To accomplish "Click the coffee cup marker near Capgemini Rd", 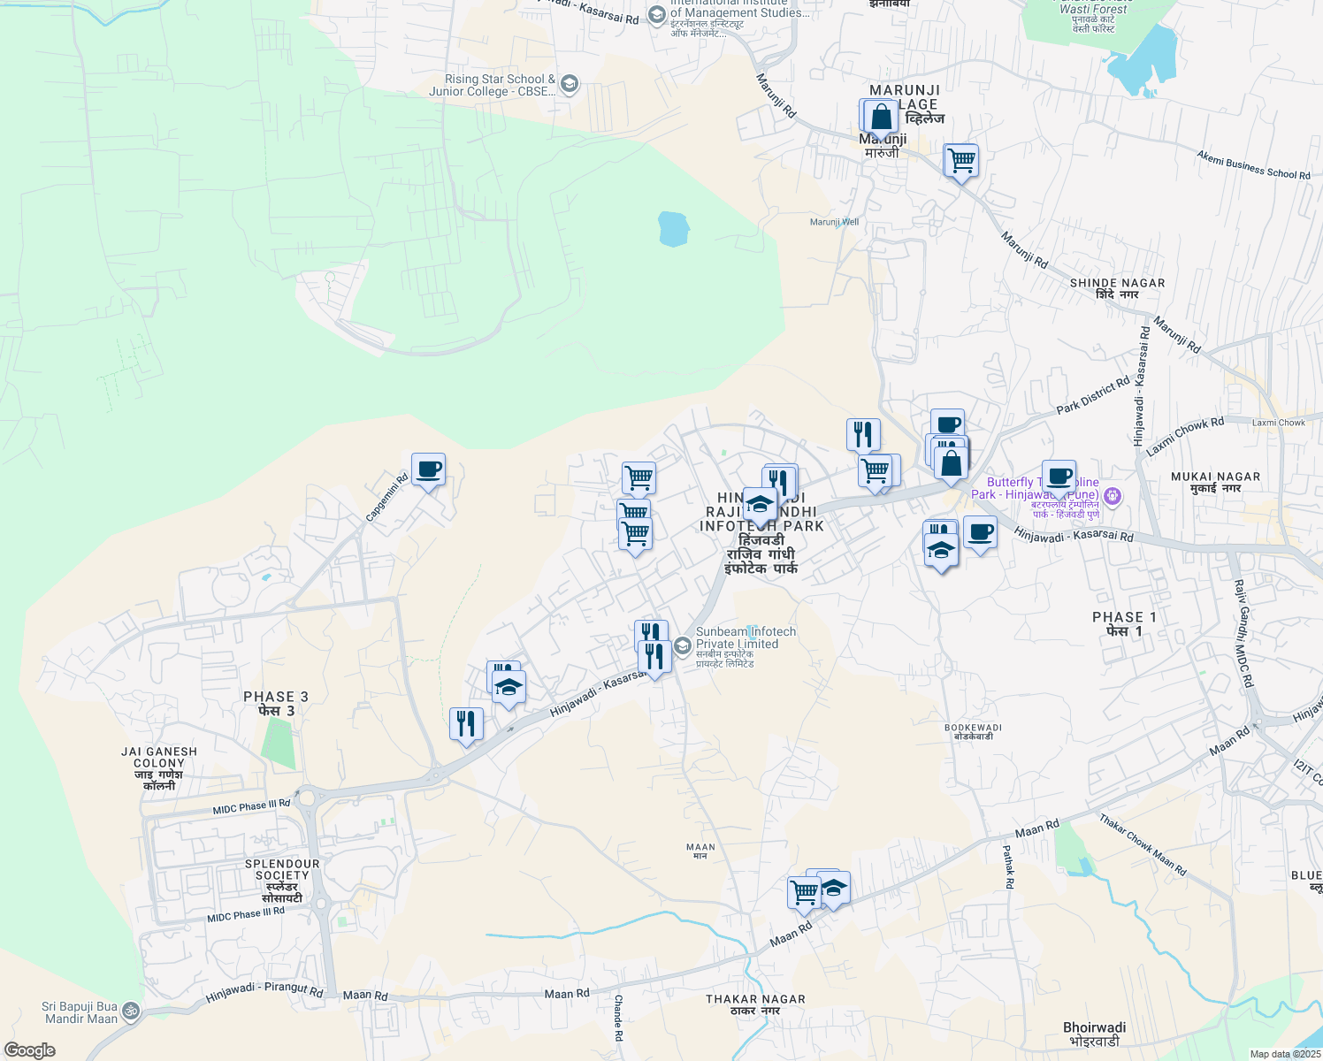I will click(x=428, y=469).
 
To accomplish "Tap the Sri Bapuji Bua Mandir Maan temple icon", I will click(x=130, y=1011).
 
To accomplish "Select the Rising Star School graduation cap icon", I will click(x=570, y=84).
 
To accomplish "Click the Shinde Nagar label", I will click(x=1117, y=288).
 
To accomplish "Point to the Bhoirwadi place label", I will click(x=1094, y=1034).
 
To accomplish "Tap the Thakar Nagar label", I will click(x=755, y=1004).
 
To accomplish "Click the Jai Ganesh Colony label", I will click(x=159, y=767).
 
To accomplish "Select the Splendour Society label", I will click(x=282, y=881).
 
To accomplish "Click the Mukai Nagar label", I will click(x=1215, y=482).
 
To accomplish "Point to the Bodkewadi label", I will click(x=973, y=731).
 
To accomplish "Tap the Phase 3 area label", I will click(x=276, y=703).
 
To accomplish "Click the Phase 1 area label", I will click(x=1124, y=623).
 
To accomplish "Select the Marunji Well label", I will click(x=834, y=222).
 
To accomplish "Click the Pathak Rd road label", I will click(x=1007, y=866).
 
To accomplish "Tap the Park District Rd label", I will click(x=1093, y=395).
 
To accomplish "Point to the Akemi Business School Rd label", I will click(x=1253, y=164).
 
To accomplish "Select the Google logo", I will click(x=29, y=1050).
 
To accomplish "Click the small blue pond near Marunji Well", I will click(x=673, y=229).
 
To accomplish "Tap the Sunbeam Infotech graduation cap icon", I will click(x=682, y=645).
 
